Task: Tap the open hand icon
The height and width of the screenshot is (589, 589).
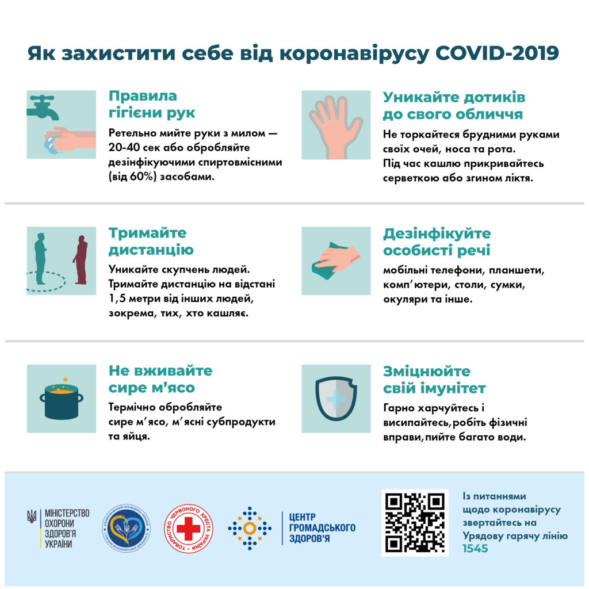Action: [336, 124]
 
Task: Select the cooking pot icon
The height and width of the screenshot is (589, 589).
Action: [62, 400]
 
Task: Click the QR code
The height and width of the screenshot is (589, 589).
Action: [415, 523]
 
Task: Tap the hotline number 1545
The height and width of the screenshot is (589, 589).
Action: [476, 549]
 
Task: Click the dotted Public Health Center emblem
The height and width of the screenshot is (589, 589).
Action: [250, 527]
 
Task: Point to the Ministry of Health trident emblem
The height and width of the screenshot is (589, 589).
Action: [32, 517]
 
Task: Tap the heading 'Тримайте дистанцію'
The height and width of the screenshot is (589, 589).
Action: [151, 242]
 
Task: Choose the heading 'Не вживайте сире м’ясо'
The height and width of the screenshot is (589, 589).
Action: [160, 378]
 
